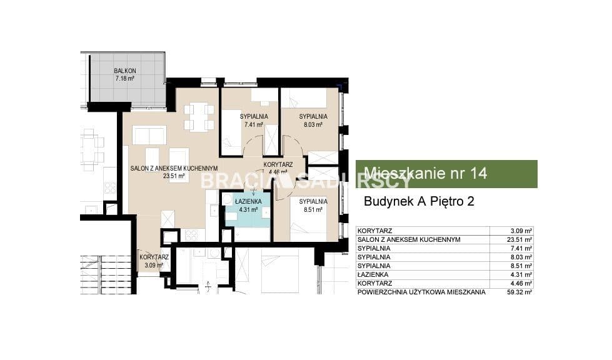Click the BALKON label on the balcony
pyautogui.click(x=125, y=71)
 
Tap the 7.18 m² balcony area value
pyautogui.click(x=125, y=79)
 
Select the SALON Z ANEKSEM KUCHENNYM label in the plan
pyautogui.click(x=174, y=168)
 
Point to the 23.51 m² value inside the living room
pyautogui.click(x=174, y=176)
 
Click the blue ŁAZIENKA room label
pyautogui.click(x=248, y=202)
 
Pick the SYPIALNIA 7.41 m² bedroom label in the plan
pyautogui.click(x=254, y=121)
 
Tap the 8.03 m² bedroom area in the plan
pyautogui.click(x=313, y=125)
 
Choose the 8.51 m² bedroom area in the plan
pyautogui.click(x=313, y=210)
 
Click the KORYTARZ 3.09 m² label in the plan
pyautogui.click(x=154, y=261)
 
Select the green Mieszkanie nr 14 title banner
pyautogui.click(x=446, y=174)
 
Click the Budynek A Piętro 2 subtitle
pyautogui.click(x=419, y=201)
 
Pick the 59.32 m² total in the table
pyautogui.click(x=519, y=292)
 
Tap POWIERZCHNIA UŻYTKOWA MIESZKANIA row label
pyautogui.click(x=421, y=292)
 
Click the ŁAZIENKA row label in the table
pyautogui.click(x=373, y=274)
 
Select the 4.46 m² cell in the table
pyautogui.click(x=521, y=284)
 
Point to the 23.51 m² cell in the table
pyautogui.click(x=519, y=240)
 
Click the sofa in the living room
pyautogui.click(x=149, y=135)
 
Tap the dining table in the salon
pyautogui.click(x=199, y=116)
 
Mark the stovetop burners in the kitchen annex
pyautogui.click(x=191, y=235)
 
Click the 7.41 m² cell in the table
pyautogui.click(x=521, y=249)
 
